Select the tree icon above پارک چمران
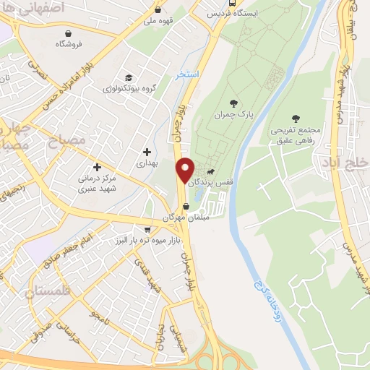point(233,103)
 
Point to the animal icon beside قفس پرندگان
point(210,172)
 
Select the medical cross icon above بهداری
point(148,152)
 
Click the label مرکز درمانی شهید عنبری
point(98,181)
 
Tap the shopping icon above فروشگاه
point(68,33)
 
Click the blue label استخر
point(186,74)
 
